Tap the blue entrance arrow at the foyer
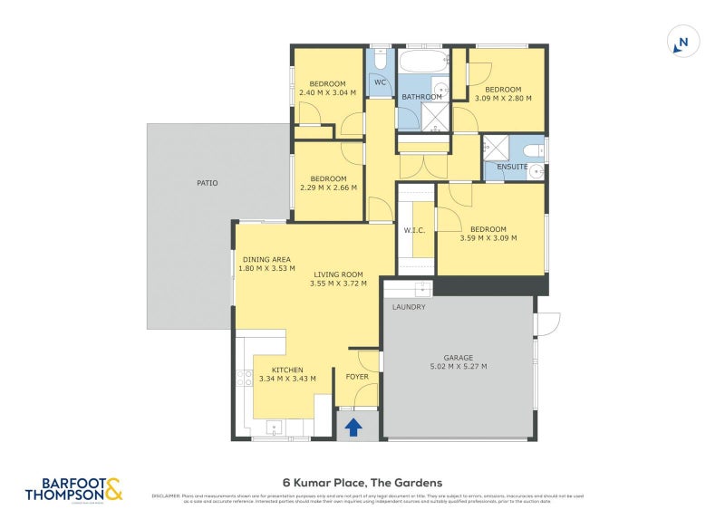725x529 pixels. click(x=353, y=426)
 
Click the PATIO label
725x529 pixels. click(x=208, y=183)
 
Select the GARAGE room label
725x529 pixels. click(x=459, y=357)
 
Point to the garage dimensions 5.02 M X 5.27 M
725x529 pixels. click(x=459, y=367)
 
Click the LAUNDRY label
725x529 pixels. click(x=408, y=307)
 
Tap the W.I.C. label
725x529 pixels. click(x=414, y=230)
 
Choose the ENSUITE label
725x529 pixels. click(x=513, y=167)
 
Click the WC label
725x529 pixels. click(x=381, y=82)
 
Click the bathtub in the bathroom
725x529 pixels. click(x=423, y=63)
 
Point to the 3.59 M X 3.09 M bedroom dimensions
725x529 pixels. click(x=488, y=238)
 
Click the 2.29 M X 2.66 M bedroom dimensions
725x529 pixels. click(x=328, y=188)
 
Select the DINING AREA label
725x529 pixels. click(x=266, y=259)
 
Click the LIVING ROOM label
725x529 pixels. click(x=338, y=274)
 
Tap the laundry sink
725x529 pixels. click(x=420, y=289)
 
